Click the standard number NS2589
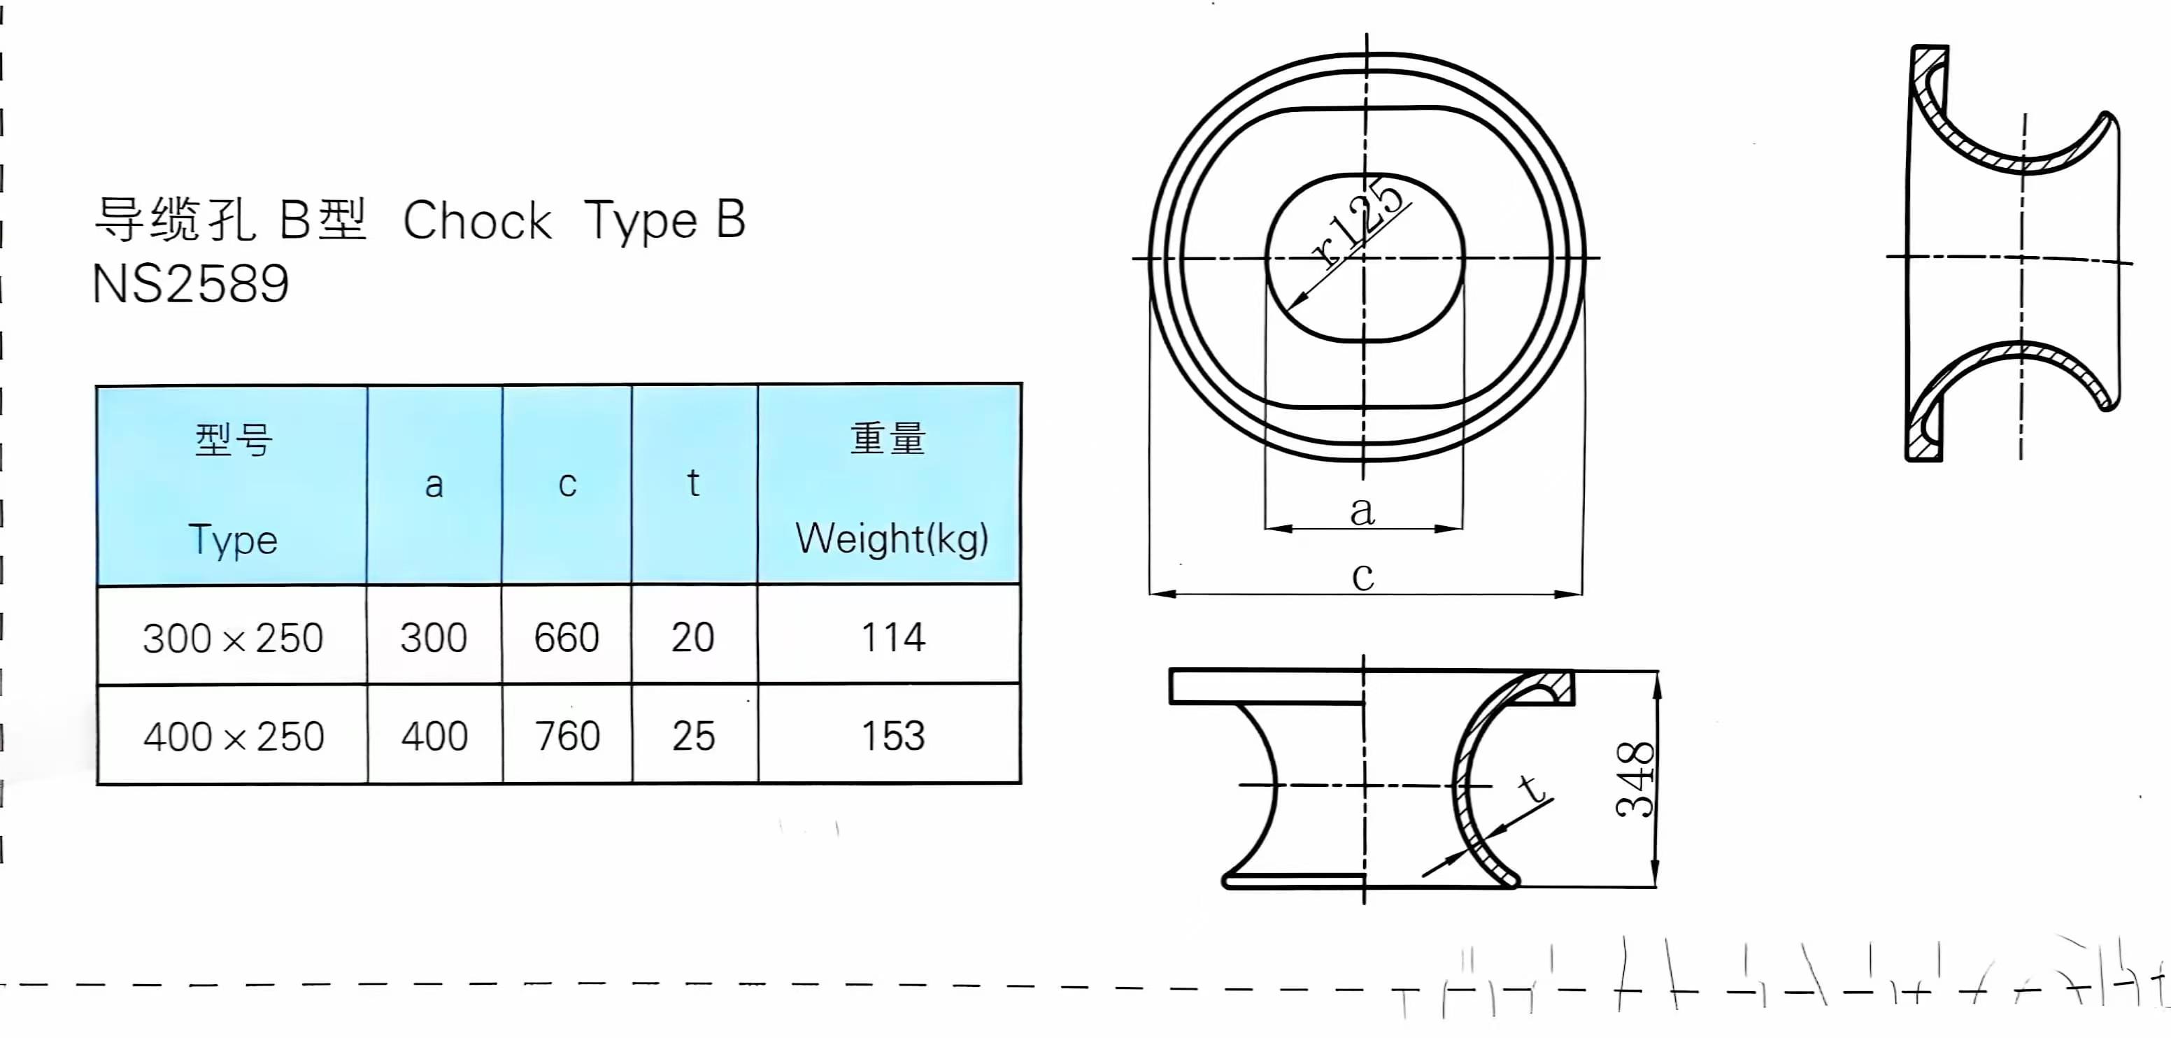pos(190,284)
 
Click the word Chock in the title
pos(477,221)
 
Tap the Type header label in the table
pos(233,539)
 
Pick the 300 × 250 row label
pos(233,638)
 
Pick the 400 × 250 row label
pos(234,737)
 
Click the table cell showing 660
pos(567,637)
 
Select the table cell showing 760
pos(567,736)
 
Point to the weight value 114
pos(892,637)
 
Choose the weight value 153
pos(892,736)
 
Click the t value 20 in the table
pos(692,637)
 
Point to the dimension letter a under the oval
pos(1362,511)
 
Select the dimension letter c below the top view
pos(1362,576)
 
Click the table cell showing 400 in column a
pos(434,736)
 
